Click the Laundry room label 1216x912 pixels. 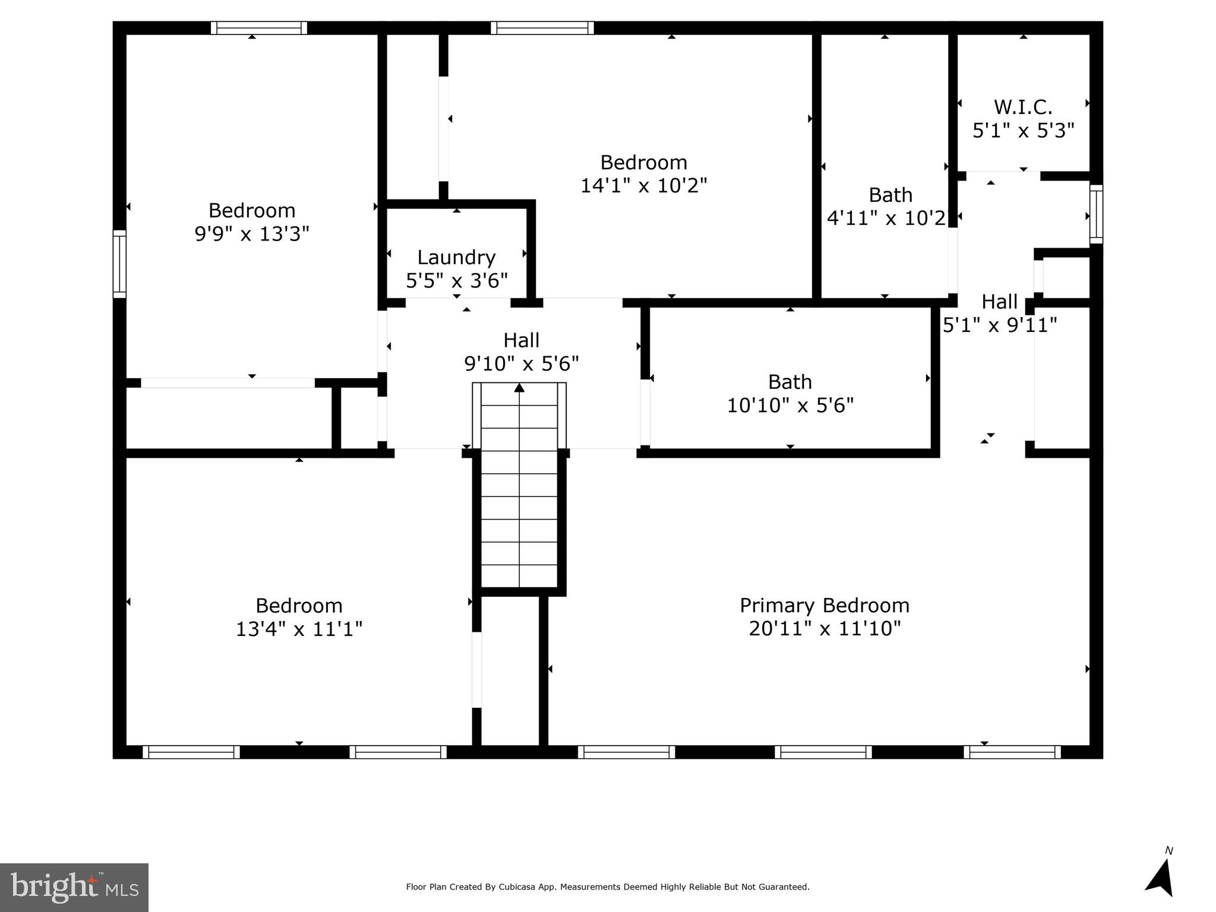456,257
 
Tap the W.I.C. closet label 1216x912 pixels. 1023,107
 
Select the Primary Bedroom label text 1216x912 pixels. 824,605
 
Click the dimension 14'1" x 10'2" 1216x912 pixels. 643,185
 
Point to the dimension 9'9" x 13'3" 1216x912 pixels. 252,233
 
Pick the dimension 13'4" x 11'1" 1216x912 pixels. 299,628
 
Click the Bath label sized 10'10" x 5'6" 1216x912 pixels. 789,381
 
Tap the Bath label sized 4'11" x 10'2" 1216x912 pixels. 890,195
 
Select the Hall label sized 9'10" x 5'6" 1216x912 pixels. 521,340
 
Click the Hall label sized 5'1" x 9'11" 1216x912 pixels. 999,302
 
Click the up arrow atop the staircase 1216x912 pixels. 519,388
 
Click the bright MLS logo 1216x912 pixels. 74,887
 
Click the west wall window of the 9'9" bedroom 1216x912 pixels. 119,264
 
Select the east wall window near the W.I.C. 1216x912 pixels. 1096,214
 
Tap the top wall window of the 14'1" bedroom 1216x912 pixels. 542,28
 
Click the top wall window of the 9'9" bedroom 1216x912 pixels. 258,28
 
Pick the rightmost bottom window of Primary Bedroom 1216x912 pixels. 1012,752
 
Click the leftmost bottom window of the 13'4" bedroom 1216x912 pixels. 191,752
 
